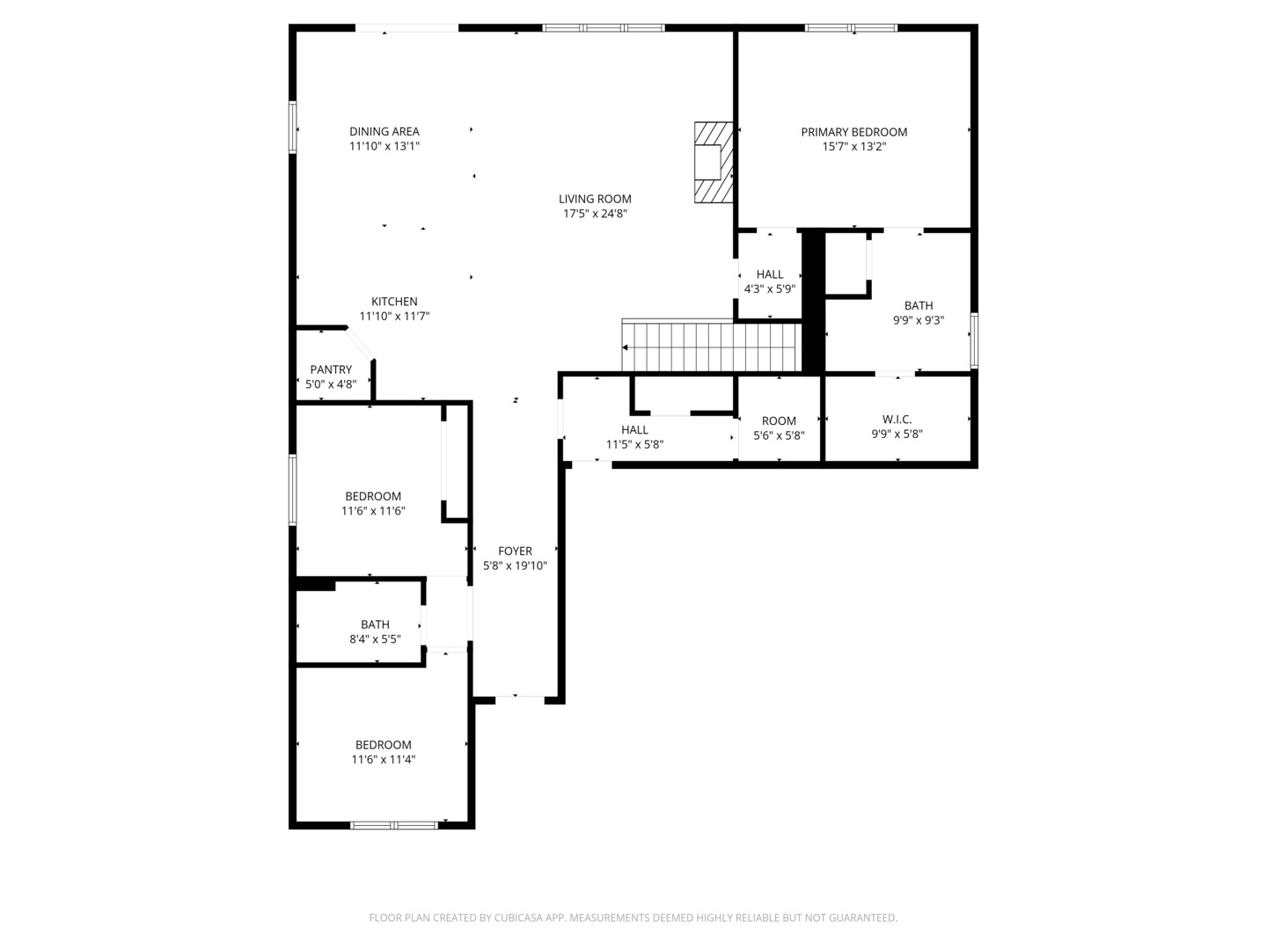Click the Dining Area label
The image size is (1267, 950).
tap(384, 132)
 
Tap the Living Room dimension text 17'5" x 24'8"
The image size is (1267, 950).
tap(595, 213)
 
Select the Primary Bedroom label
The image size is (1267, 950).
tap(853, 132)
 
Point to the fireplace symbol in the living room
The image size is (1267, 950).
tap(712, 163)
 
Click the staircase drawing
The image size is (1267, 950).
tap(711, 347)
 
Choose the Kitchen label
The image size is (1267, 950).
tap(394, 302)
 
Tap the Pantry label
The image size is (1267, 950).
tap(331, 369)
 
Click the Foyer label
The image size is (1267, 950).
tap(515, 552)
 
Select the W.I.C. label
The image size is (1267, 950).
tap(897, 420)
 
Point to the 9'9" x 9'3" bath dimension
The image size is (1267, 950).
tap(919, 320)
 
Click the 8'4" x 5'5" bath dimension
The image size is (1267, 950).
tap(375, 639)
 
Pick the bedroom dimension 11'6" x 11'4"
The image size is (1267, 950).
tap(384, 759)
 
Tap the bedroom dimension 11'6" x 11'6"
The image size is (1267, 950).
tap(373, 510)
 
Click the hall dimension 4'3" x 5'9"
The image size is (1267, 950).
tap(770, 289)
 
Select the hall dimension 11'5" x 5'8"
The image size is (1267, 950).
tap(634, 444)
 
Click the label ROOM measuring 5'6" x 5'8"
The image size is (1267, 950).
tap(779, 421)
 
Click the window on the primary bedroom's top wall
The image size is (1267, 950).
tap(852, 28)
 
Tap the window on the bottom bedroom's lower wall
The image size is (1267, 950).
tap(394, 825)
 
